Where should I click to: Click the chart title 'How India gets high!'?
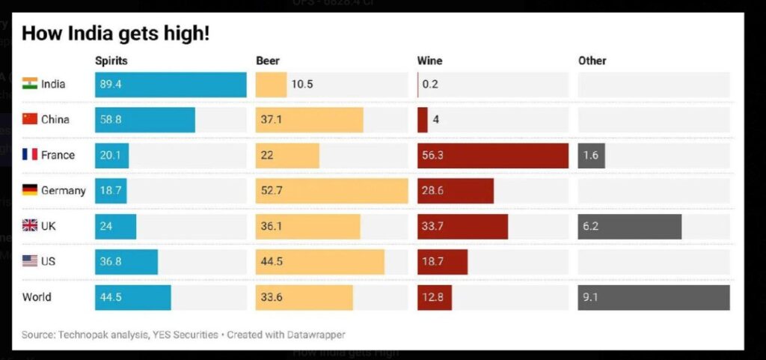coord(115,34)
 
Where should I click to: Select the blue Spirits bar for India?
coord(171,85)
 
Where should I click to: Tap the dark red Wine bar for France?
coord(492,156)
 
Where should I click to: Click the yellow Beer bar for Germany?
coord(331,191)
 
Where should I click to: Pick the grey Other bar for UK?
coord(629,226)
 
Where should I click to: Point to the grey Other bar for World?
coord(653,297)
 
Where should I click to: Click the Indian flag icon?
coord(30,84)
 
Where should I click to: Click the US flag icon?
coord(30,261)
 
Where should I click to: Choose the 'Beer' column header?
coord(267,61)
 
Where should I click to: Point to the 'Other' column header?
coord(592,61)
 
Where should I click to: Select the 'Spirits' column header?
coord(111,61)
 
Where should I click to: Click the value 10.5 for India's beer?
coord(302,85)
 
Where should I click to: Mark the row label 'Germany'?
coord(64,191)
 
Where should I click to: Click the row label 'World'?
coord(37,297)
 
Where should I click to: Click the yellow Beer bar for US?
coord(319,262)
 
